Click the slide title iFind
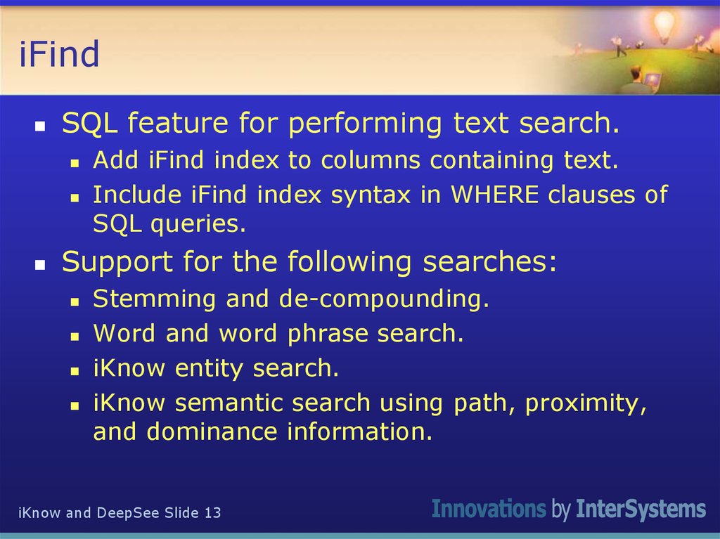click(59, 55)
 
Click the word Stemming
click(155, 299)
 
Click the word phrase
click(328, 334)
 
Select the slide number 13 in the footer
click(212, 513)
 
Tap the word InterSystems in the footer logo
click(641, 509)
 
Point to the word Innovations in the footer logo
click(489, 509)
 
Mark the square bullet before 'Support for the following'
click(41, 265)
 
